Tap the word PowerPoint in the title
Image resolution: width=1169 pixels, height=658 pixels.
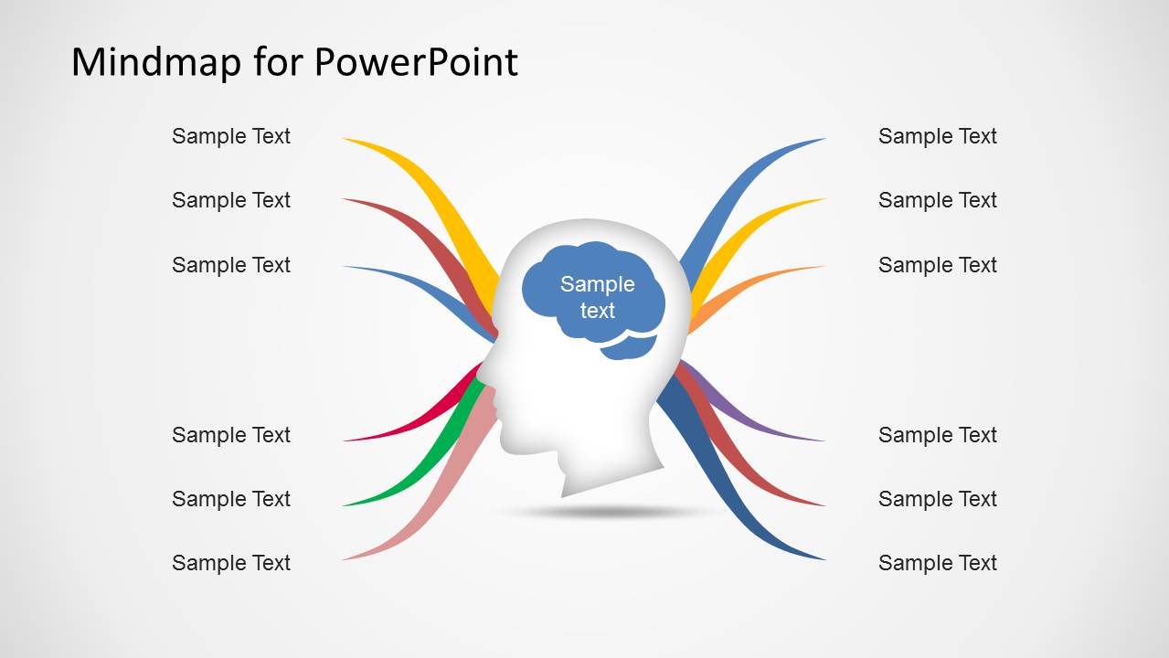click(x=416, y=62)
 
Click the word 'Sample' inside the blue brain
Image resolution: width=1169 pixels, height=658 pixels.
click(x=597, y=284)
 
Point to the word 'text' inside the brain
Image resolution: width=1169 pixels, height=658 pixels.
click(x=597, y=311)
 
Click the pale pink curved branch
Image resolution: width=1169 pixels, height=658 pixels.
click(x=430, y=512)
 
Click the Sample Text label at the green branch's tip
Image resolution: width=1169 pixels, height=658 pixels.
click(x=230, y=499)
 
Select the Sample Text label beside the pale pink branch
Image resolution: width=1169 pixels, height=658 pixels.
click(x=230, y=563)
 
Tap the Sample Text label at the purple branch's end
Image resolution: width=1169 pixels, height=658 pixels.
click(x=937, y=435)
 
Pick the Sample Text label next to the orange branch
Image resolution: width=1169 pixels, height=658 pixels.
click(x=937, y=265)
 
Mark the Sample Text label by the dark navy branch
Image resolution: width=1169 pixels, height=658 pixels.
click(x=937, y=563)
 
